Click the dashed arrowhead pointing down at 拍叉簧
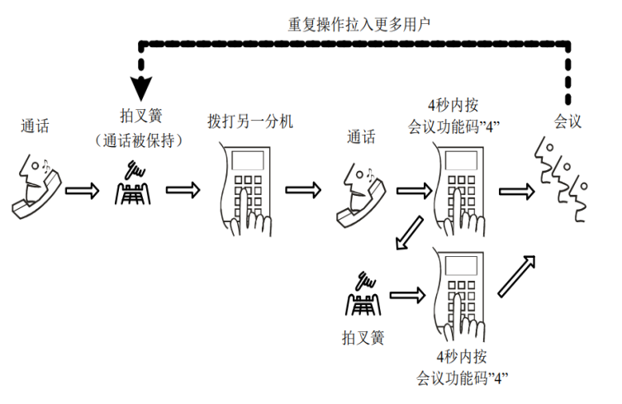[141, 86]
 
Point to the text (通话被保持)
[138, 140]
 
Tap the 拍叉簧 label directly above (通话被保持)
[138, 117]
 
